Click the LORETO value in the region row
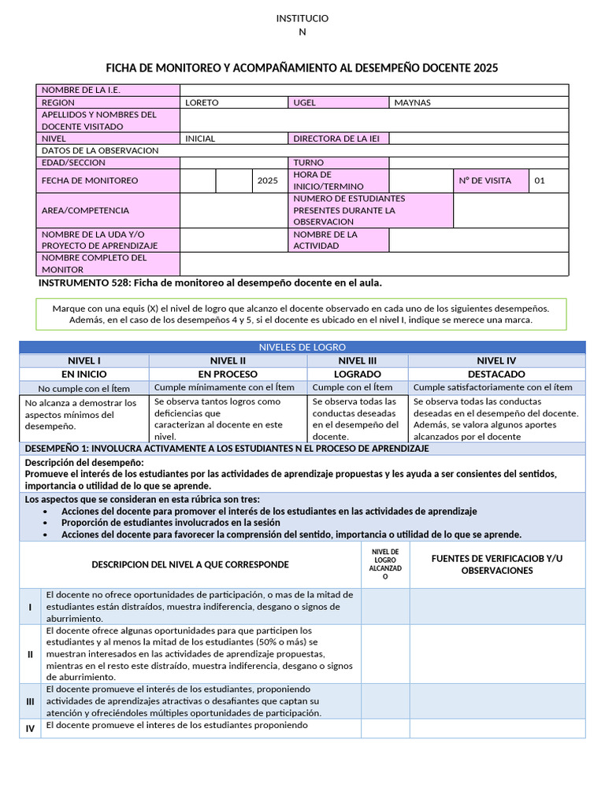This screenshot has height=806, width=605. pyautogui.click(x=202, y=102)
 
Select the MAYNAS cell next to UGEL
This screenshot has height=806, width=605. pyautogui.click(x=412, y=102)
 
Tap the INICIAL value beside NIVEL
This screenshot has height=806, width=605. pyautogui.click(x=200, y=139)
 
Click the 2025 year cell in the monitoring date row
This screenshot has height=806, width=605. pyautogui.click(x=268, y=180)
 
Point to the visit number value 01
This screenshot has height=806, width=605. pyautogui.click(x=540, y=180)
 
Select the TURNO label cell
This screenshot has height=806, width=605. pyautogui.click(x=309, y=163)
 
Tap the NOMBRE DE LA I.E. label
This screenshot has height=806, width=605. pyautogui.click(x=80, y=91)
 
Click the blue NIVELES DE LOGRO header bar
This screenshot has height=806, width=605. pyautogui.click(x=302, y=347)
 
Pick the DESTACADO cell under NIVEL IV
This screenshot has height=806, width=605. pyautogui.click(x=496, y=374)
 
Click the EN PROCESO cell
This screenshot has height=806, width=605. pyautogui.click(x=228, y=374)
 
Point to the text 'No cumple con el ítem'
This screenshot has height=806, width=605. pyautogui.click(x=84, y=388)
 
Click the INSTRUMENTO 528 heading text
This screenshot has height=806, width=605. pyautogui.click(x=210, y=283)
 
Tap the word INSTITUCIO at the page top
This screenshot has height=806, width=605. pyautogui.click(x=302, y=18)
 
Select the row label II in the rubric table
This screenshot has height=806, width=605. pyautogui.click(x=30, y=654)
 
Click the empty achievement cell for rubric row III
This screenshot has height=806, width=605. pyautogui.click(x=385, y=701)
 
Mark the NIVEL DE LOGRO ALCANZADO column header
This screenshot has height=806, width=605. pyautogui.click(x=385, y=564)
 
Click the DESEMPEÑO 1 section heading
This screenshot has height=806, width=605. pyautogui.click(x=227, y=449)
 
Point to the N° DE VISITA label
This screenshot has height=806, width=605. pyautogui.click(x=484, y=180)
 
